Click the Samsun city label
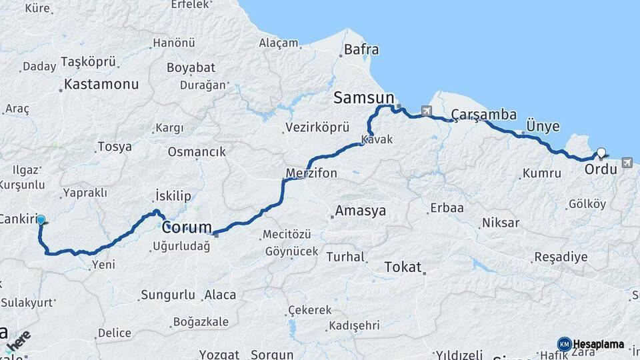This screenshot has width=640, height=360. click(363, 98)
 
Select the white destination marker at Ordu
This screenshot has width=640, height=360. click(601, 153)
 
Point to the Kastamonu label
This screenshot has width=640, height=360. click(101, 85)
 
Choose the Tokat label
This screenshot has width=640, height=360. click(403, 267)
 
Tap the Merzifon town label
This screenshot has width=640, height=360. click(311, 173)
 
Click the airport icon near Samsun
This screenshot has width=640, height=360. click(426, 111)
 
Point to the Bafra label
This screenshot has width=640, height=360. click(361, 49)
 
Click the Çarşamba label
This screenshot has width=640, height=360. click(483, 115)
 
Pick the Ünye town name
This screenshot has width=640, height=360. click(543, 127)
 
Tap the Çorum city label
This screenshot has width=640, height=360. click(187, 227)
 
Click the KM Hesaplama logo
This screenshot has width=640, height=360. click(591, 344)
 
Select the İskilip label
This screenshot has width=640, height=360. click(173, 195)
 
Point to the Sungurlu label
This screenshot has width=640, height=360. click(168, 295)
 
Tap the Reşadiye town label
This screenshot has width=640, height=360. click(561, 257)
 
